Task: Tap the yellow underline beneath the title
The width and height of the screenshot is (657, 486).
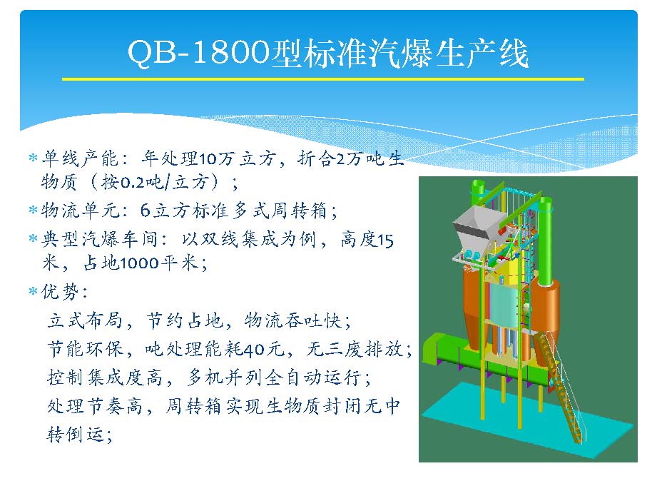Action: [x=323, y=79]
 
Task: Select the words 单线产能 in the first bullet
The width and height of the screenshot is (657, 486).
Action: [x=80, y=158]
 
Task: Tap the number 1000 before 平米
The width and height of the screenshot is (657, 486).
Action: [x=139, y=263]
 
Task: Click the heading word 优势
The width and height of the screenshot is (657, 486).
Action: [x=60, y=291]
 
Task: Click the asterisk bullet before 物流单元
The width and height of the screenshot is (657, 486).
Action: [x=33, y=209]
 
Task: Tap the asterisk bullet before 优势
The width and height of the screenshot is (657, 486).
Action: [x=33, y=290]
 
